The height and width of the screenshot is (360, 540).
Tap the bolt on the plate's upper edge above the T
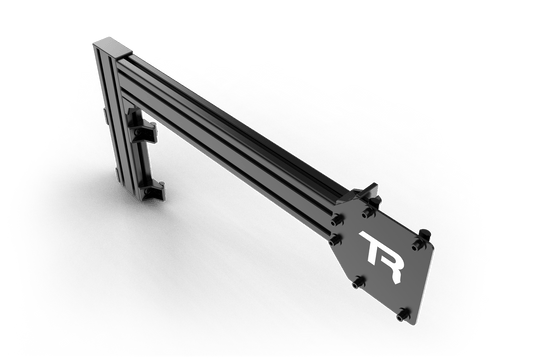pyautogui.click(x=369, y=212)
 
